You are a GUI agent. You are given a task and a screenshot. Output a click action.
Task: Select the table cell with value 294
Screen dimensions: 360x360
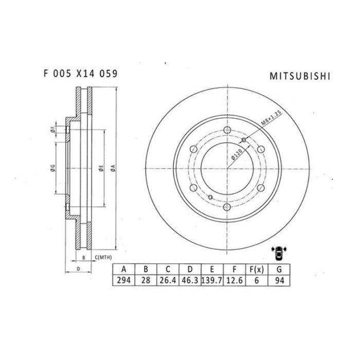pos(123,280)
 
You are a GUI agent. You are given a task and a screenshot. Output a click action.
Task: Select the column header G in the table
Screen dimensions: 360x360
pos(278,269)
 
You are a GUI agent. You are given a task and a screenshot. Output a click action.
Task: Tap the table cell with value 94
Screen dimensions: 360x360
pos(278,280)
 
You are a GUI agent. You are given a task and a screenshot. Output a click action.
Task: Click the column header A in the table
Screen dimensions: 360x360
pos(123,269)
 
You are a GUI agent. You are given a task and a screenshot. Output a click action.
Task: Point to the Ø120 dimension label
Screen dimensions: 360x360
pos(237,153)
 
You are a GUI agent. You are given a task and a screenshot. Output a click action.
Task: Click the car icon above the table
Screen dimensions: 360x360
pos(279,253)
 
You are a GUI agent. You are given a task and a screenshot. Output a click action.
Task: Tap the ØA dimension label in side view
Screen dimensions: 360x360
pos(112,167)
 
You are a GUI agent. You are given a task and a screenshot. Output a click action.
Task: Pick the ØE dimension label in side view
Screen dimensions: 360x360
pos(101,167)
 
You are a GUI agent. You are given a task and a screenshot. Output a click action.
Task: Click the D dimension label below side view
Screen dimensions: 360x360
pos(77,268)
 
